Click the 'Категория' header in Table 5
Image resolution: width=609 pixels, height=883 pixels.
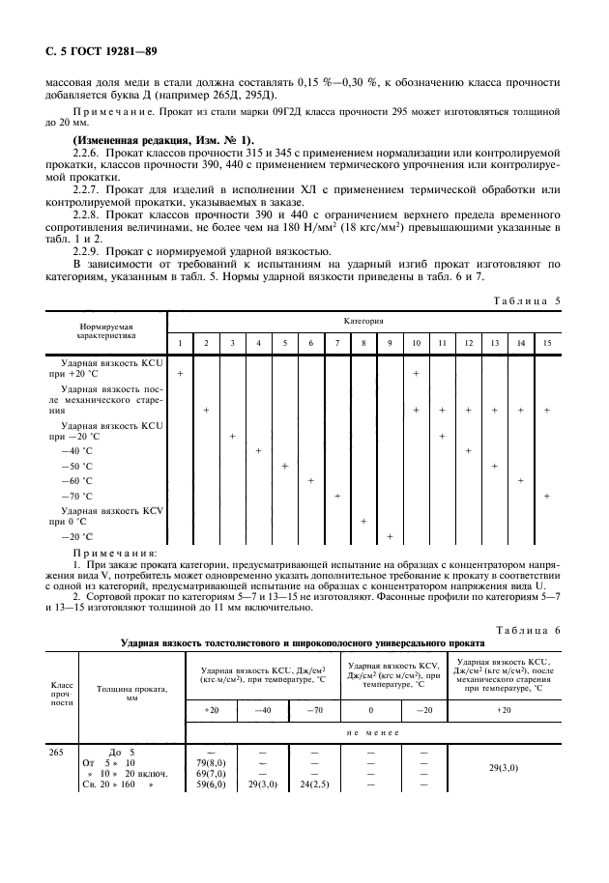click(362, 318)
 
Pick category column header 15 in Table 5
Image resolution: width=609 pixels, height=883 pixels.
click(546, 343)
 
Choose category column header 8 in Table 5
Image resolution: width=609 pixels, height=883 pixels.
click(362, 343)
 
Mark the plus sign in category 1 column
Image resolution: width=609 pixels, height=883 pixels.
click(180, 372)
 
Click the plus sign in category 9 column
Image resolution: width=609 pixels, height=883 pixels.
click(390, 536)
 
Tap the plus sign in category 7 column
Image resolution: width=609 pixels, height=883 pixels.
click(336, 496)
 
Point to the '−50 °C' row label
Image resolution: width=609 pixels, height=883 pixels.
click(77, 466)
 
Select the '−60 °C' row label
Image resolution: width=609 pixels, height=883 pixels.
click(77, 480)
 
